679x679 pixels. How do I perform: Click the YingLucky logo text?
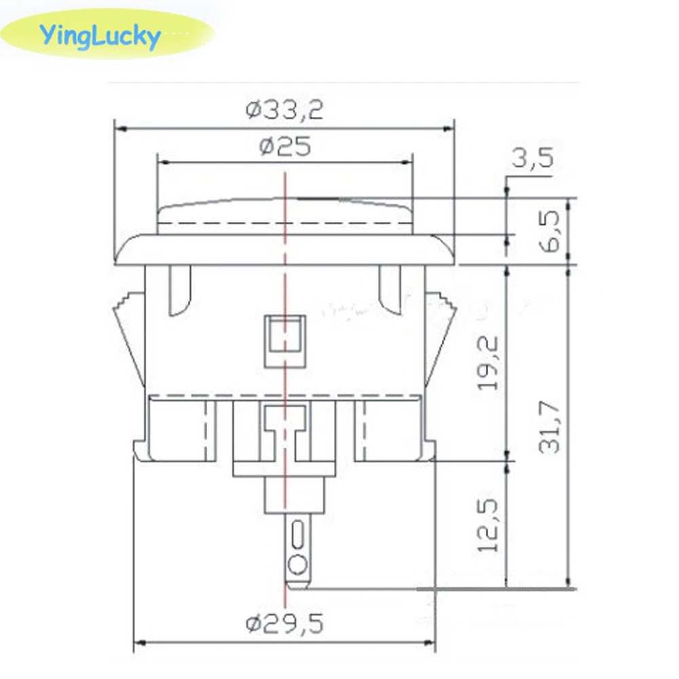(100, 35)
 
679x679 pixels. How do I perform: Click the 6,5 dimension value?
(551, 231)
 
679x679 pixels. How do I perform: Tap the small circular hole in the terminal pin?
(297, 563)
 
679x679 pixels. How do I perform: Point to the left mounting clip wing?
(129, 339)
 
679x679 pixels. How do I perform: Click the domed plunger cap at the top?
(285, 215)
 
